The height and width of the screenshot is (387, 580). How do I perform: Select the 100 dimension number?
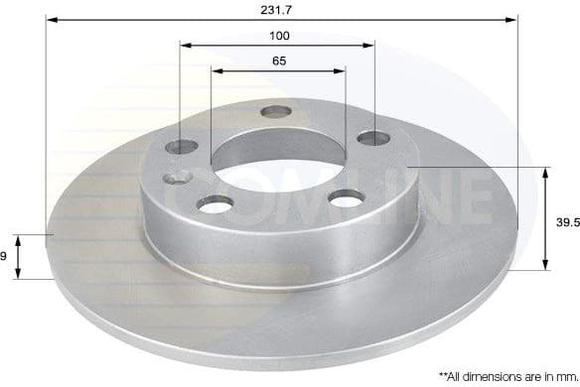pos(279,36)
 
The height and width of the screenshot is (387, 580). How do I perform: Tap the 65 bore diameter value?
pos(279,62)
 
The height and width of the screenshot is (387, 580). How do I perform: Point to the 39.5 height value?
pos(566,225)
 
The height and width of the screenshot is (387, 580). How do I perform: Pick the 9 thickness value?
pos(4,256)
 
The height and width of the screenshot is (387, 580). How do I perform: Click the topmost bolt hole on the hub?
pos(275,111)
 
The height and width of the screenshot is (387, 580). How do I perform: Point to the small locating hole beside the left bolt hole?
pos(179,178)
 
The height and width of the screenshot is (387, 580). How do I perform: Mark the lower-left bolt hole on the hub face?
pos(213,203)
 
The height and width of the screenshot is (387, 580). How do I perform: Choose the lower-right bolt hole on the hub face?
pos(344,199)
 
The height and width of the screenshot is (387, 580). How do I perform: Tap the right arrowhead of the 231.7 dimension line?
pos(513,18)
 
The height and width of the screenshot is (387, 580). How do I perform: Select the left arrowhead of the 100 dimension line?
pos(186,45)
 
